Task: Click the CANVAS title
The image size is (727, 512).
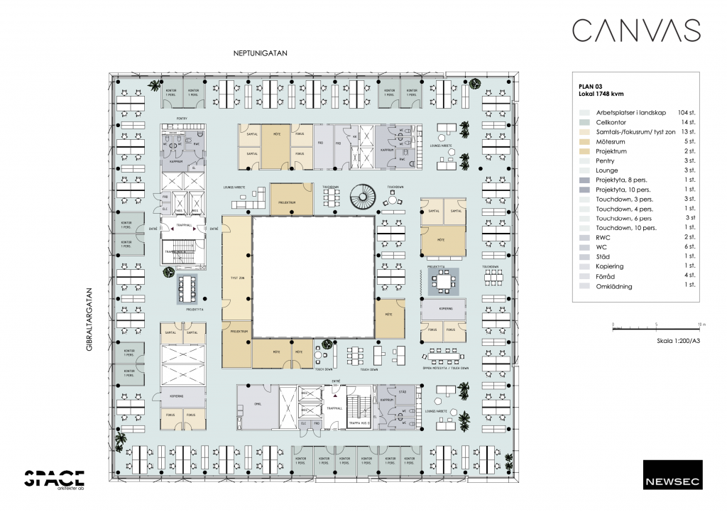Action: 636,31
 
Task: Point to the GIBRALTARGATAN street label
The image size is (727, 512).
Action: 90,319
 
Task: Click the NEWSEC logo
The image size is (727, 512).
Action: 672,474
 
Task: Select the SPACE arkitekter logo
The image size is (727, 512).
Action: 55,480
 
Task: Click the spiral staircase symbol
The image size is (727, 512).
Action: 367,197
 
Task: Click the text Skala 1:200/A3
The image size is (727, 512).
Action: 679,342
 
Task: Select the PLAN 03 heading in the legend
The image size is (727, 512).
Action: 591,86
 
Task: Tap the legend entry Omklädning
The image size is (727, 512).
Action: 614,286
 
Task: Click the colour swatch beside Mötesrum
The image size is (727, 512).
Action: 584,142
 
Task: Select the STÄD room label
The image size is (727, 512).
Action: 402,391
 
